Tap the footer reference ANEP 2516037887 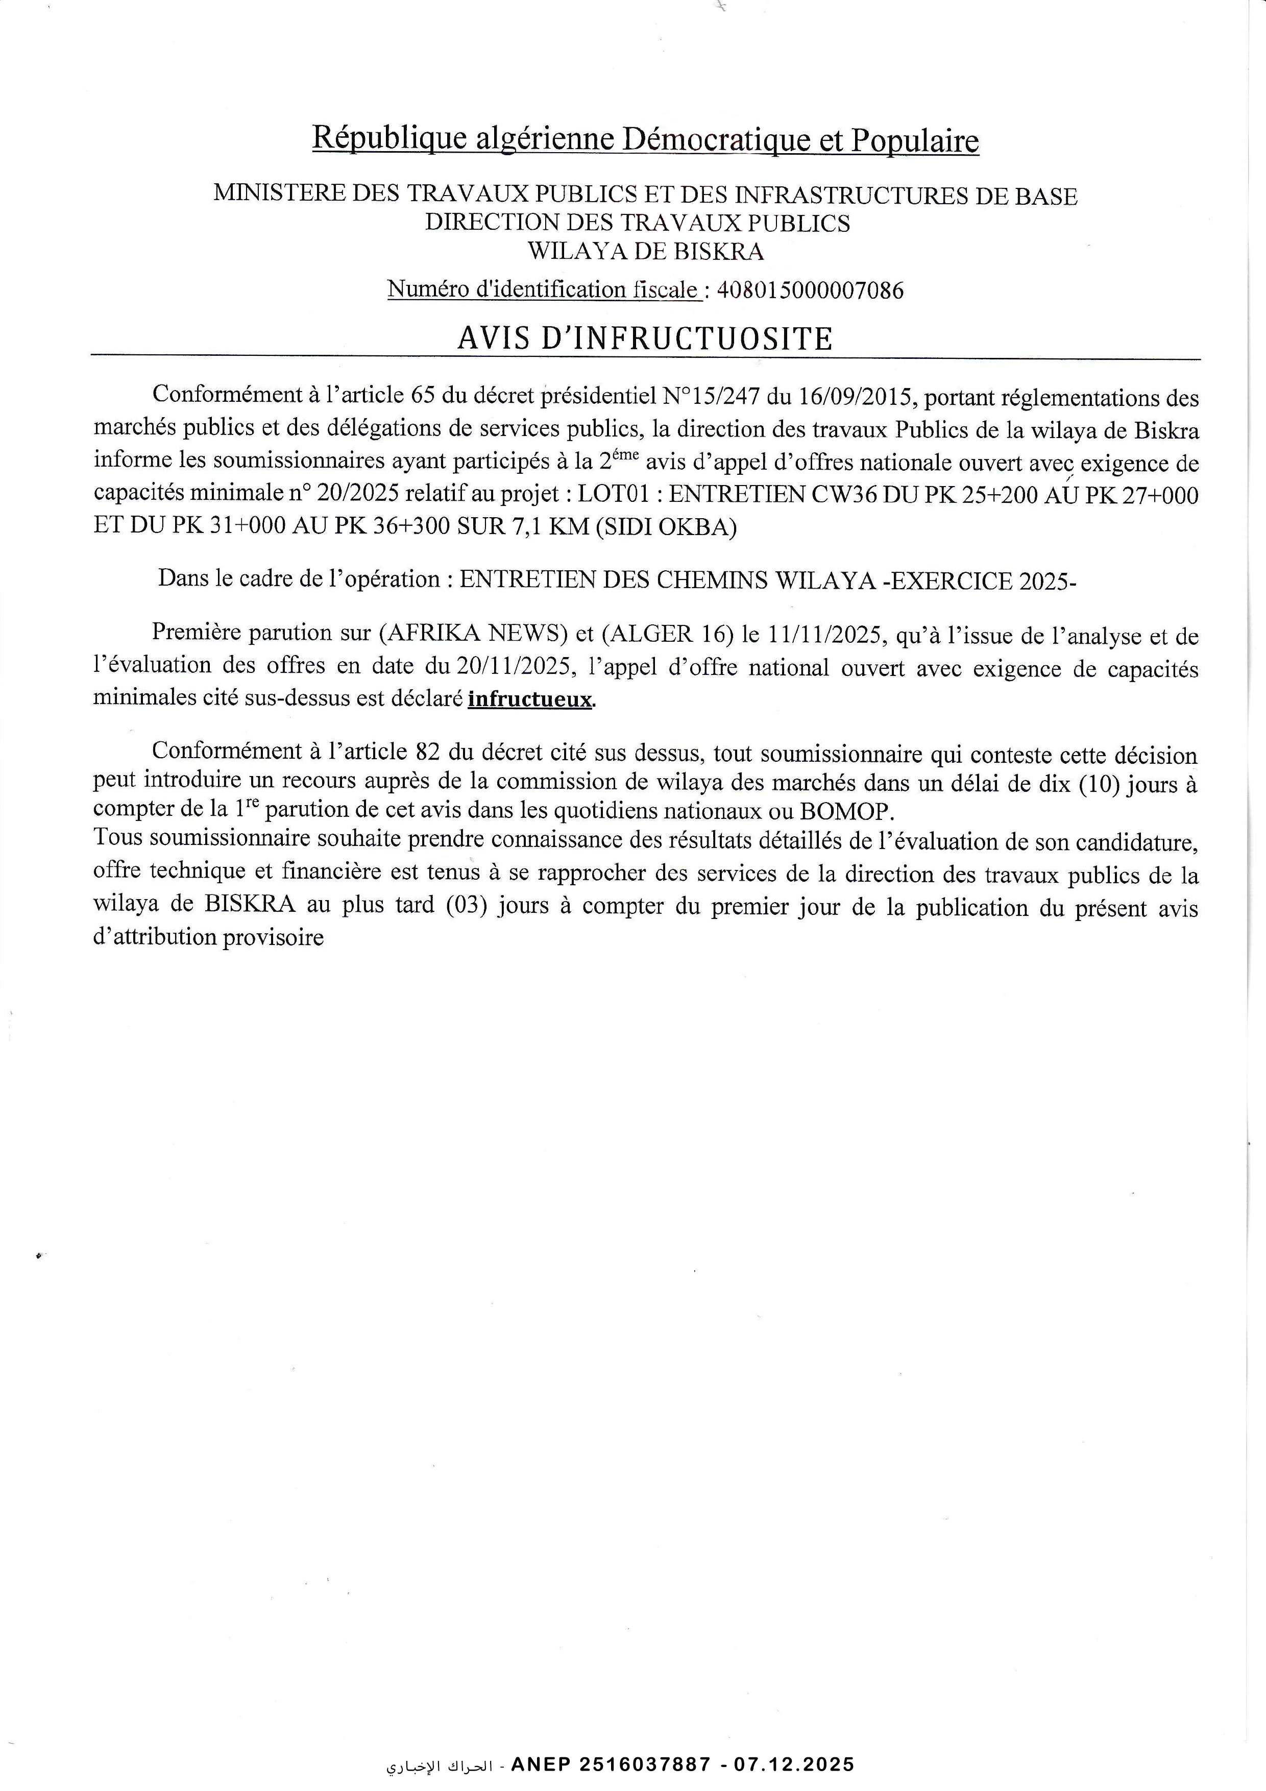click(x=610, y=1764)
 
